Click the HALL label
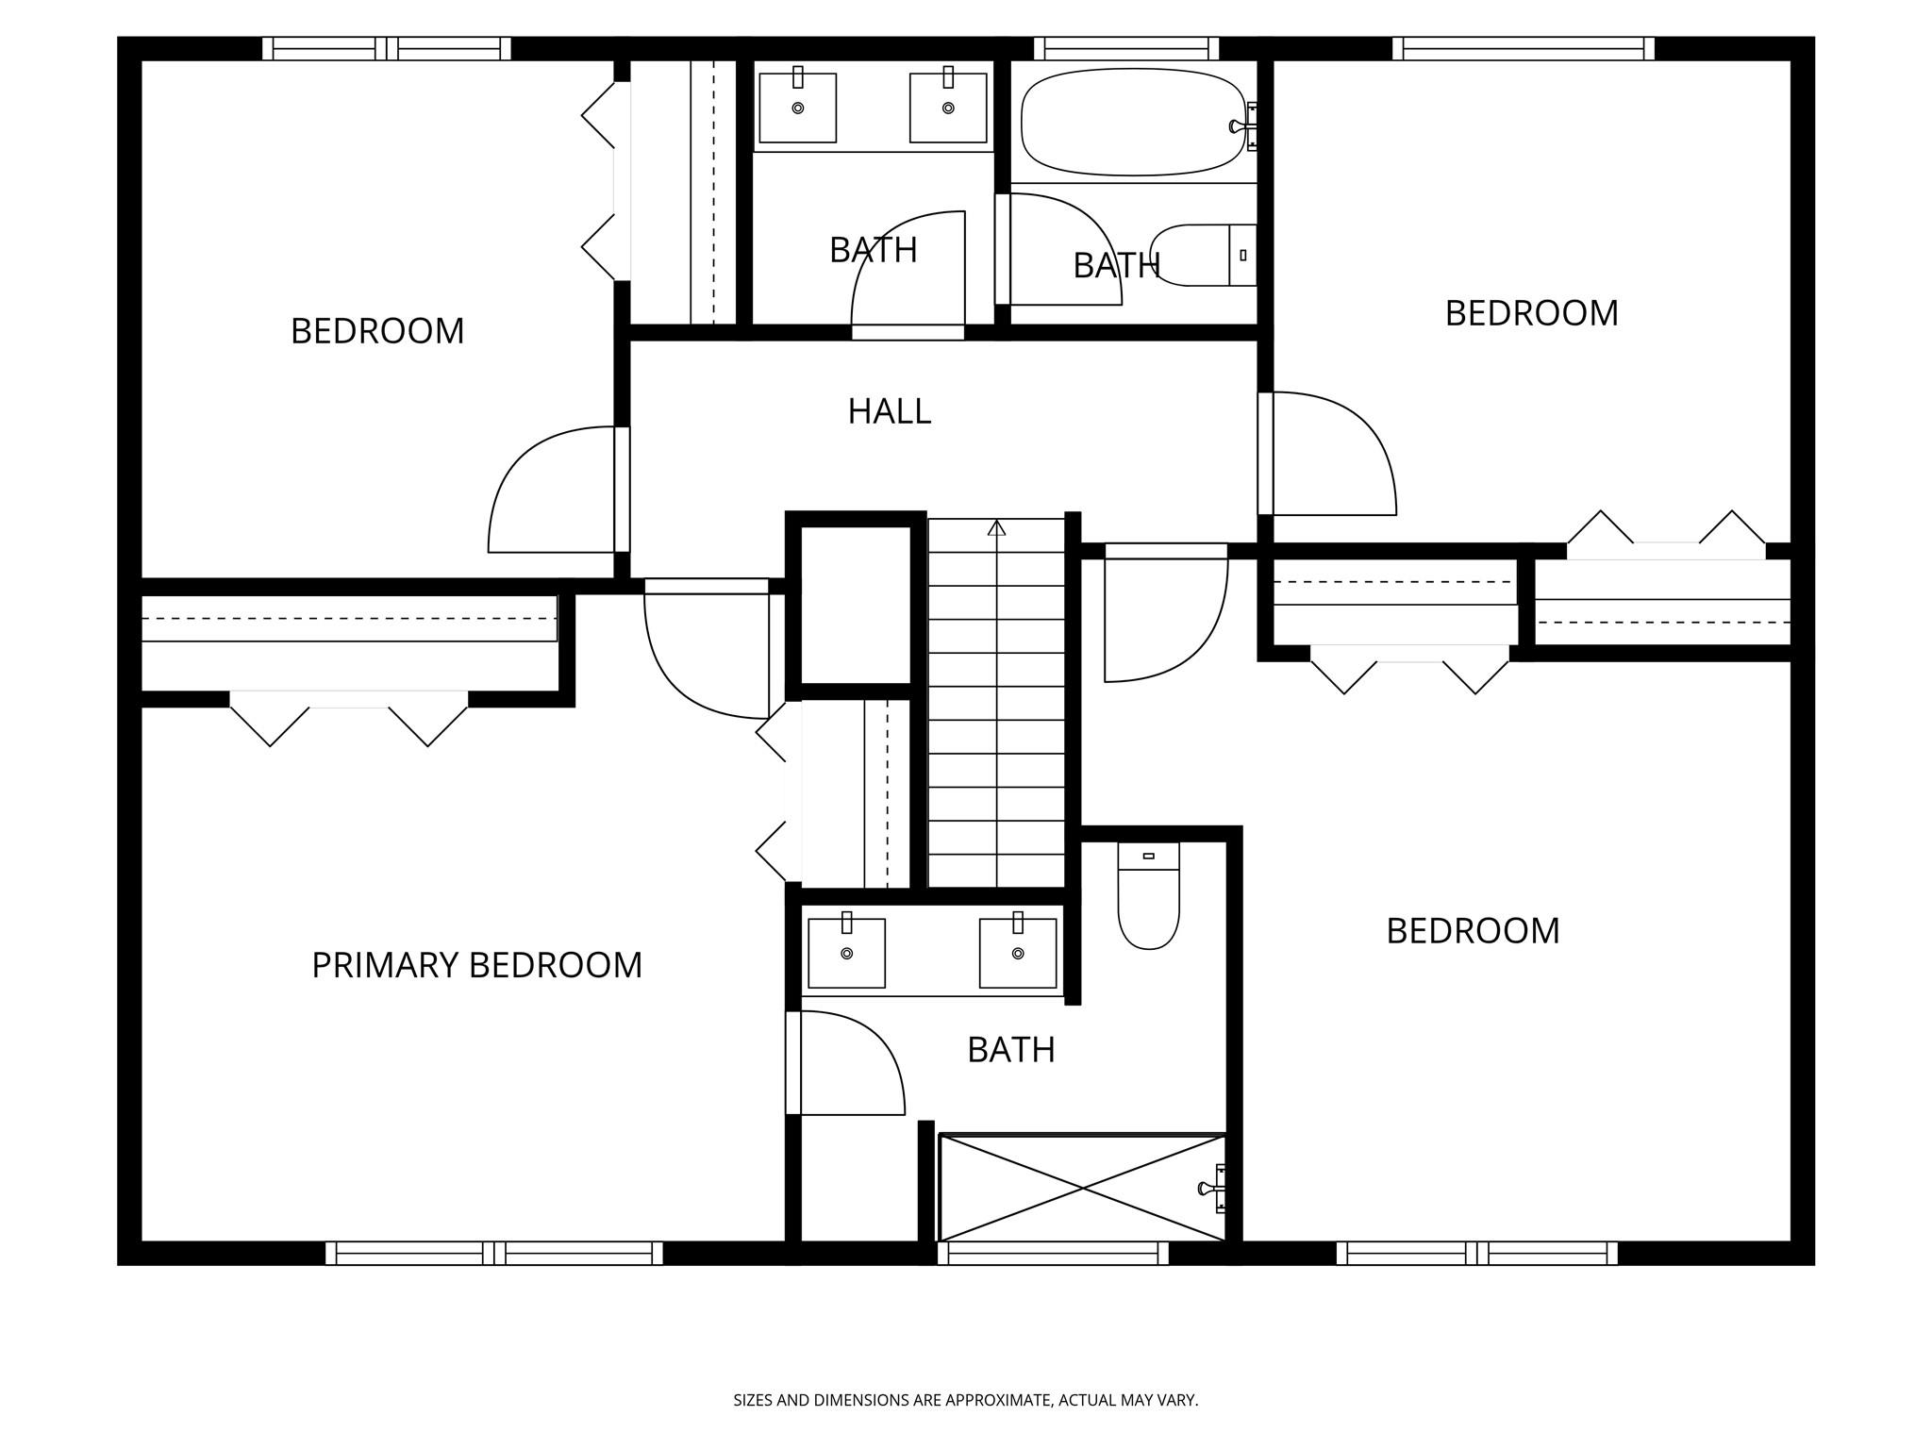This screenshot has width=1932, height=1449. pos(890,411)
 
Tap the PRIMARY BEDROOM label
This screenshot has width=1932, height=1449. pos(476,965)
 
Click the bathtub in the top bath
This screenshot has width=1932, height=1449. pos(1132,123)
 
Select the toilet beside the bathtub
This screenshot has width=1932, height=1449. pos(1203,255)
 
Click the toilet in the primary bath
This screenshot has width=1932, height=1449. pos(1148,896)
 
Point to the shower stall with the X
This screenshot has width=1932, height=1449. pos(1082,1188)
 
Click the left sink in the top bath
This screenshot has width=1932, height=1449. pos(797,107)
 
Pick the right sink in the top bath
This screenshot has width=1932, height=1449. pos(948,107)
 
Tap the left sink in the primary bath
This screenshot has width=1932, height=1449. pos(846,953)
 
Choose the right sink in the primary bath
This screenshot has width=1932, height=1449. pos(1018,953)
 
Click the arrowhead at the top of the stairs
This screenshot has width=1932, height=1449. pos(996,527)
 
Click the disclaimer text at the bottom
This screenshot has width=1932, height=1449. pos(966,1400)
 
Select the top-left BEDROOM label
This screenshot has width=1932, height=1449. pos(377,331)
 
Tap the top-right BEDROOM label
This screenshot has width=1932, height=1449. pos(1531,313)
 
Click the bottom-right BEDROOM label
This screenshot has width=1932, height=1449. pos(1473,931)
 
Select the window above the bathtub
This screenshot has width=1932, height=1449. pos(1126,48)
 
